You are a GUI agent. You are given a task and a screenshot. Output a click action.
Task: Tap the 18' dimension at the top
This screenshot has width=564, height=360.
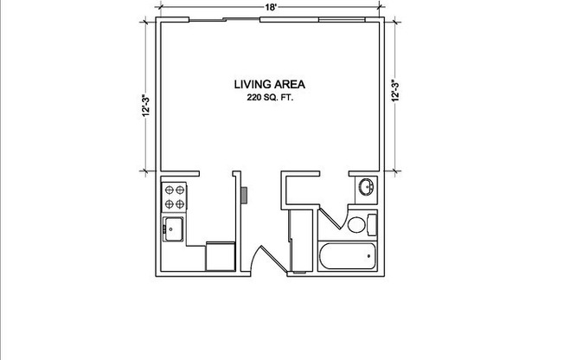coord(272,7)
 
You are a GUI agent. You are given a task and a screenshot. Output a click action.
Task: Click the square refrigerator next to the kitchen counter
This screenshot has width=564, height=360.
coord(220,257)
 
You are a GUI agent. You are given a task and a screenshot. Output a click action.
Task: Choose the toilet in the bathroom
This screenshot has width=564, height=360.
coord(361,226)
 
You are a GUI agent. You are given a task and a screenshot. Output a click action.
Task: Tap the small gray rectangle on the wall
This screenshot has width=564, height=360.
coord(245,195)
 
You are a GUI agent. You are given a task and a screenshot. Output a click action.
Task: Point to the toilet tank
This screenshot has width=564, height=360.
coord(373,226)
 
